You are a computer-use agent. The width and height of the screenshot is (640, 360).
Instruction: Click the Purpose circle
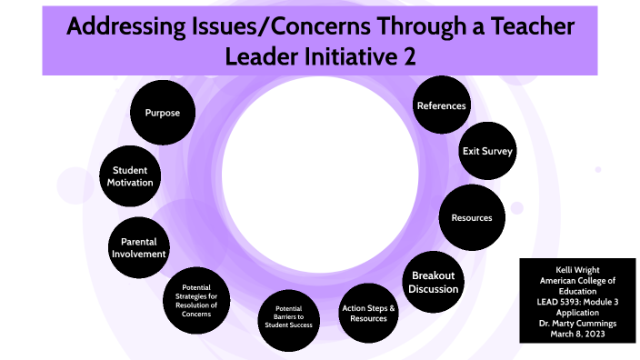[x=162, y=114]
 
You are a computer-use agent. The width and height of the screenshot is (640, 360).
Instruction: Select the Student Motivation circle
[x=132, y=175]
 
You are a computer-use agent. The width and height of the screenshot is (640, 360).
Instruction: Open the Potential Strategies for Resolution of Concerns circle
[x=199, y=299]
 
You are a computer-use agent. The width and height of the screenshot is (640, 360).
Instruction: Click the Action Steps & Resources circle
[x=368, y=314]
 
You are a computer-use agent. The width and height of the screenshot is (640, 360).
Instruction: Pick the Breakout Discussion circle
[x=433, y=282]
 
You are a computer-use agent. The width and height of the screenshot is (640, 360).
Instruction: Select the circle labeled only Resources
[x=472, y=218]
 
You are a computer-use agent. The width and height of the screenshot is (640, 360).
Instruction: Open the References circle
[x=441, y=105]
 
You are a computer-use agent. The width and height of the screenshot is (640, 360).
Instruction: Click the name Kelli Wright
[x=576, y=270]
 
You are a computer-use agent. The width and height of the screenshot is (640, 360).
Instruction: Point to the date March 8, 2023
[x=576, y=333]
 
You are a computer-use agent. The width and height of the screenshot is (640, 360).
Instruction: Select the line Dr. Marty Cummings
[x=576, y=321]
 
